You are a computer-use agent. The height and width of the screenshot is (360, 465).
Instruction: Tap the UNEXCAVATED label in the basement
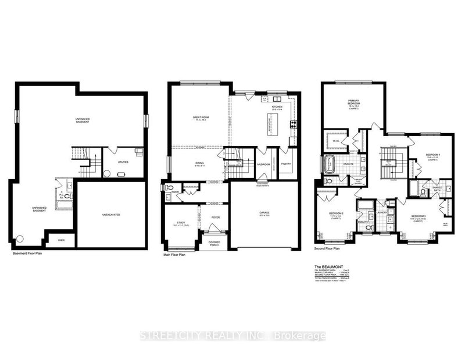point(110,215)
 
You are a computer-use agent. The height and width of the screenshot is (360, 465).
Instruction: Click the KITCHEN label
point(277,107)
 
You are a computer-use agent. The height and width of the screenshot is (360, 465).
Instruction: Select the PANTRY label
point(286,164)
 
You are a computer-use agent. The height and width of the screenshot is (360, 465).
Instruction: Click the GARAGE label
point(264,212)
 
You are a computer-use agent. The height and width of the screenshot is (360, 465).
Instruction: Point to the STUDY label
point(180,222)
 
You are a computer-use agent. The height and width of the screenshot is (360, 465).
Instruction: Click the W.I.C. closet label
point(335,140)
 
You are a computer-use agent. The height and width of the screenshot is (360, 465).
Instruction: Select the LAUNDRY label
point(382,212)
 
